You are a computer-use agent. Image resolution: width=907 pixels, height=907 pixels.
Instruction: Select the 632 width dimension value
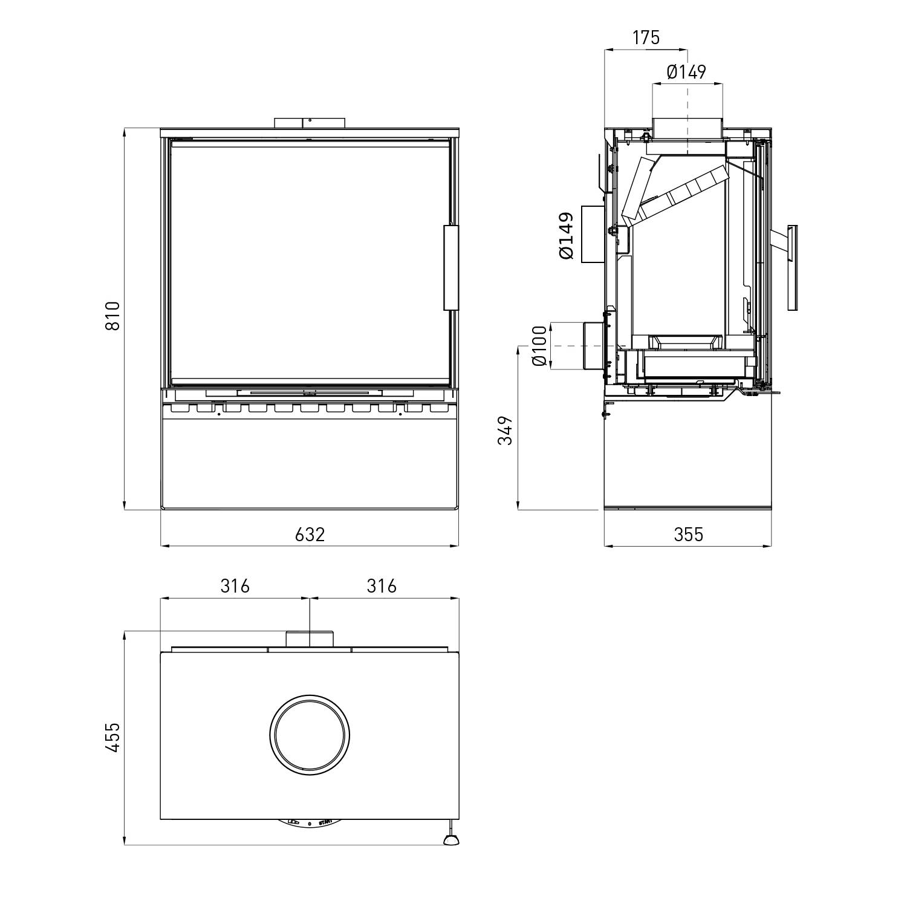point(310,535)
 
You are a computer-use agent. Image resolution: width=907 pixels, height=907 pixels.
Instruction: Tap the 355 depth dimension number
point(688,535)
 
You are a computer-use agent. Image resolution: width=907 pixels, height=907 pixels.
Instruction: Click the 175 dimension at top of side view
point(646,37)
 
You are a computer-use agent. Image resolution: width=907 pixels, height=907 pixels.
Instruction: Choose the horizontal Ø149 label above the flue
point(686,73)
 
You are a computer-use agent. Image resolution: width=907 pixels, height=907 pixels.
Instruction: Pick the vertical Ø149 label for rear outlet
point(567,236)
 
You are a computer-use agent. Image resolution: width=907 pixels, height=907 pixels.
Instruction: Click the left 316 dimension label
point(235,586)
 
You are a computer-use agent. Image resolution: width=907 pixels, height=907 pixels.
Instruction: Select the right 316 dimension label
point(382,586)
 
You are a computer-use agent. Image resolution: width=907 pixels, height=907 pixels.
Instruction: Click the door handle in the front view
point(451,267)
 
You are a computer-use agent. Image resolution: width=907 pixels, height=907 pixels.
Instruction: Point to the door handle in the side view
point(792,267)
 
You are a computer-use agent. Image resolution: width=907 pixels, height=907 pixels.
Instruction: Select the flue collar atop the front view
point(310,123)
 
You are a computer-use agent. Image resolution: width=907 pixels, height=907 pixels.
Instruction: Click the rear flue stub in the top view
point(310,640)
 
